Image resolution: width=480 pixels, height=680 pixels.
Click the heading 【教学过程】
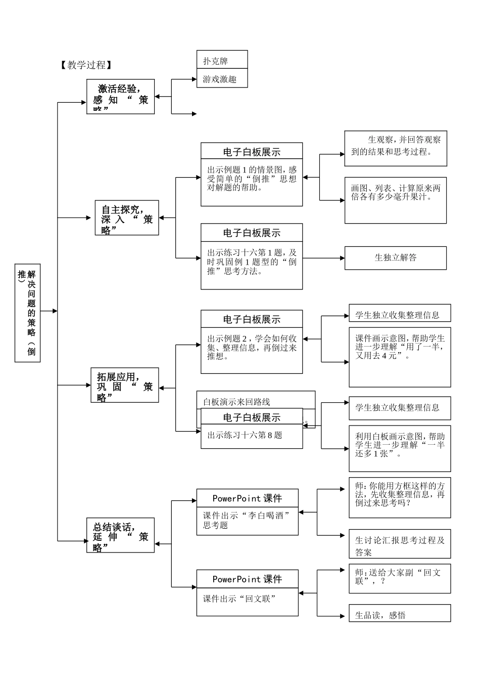pyautogui.click(x=85, y=65)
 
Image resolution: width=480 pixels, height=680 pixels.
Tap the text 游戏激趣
pyautogui.click(x=220, y=79)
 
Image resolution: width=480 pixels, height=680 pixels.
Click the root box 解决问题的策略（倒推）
pyautogui.click(x=28, y=313)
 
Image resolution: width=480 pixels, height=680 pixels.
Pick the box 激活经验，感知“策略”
pyautogui.click(x=121, y=97)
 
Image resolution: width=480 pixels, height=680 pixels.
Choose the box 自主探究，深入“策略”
pyautogui.click(x=127, y=218)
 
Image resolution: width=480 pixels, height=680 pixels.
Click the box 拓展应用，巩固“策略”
pyautogui.click(x=125, y=386)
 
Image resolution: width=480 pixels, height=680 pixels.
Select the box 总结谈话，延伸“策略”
pyautogui.click(x=121, y=535)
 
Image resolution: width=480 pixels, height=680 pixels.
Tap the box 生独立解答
pyautogui.click(x=396, y=258)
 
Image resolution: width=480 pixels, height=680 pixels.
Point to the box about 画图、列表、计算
pyautogui.click(x=396, y=200)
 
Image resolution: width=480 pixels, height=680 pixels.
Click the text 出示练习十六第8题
pyautogui.click(x=245, y=435)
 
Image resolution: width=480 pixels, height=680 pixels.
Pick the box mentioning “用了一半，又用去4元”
pyautogui.click(x=400, y=357)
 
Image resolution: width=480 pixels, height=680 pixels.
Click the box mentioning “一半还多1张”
pyautogui.click(x=400, y=448)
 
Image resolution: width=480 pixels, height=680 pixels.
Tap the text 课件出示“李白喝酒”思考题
pyautogui.click(x=247, y=521)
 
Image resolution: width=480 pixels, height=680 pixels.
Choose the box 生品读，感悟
pyautogui.click(x=400, y=613)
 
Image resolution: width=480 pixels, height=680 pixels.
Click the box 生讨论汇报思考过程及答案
pyautogui.click(x=400, y=544)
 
